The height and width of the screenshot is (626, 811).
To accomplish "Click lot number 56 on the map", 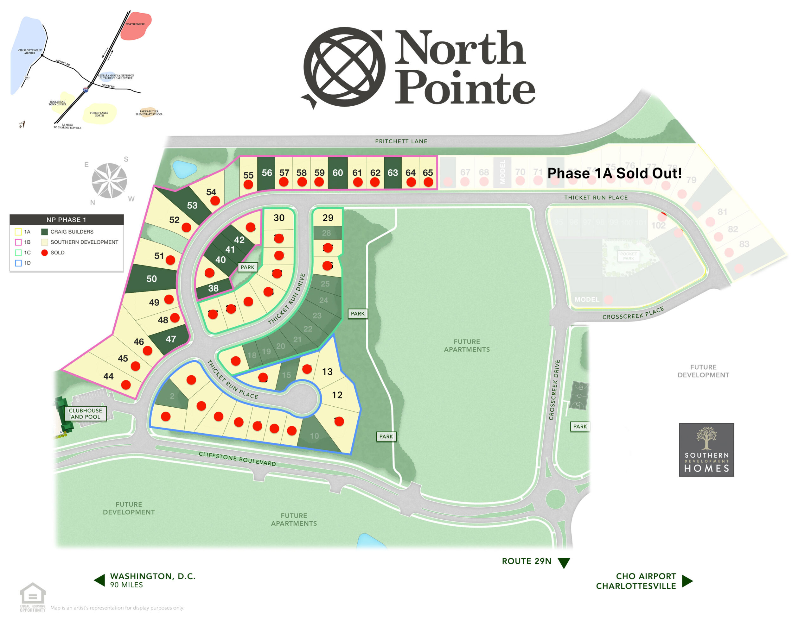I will coord(267,172).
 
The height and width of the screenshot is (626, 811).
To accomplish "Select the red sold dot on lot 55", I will coord(248,185).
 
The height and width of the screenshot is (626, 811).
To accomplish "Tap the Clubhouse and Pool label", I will coord(86,413).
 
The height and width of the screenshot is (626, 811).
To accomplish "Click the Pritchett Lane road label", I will coord(401,141).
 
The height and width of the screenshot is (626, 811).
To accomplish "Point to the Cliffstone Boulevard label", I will coord(237,459).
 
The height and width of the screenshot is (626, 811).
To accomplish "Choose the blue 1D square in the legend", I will coord(18,263).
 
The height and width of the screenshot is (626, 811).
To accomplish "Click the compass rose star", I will coord(109,181).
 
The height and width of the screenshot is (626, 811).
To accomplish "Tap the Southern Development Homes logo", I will coord(706,450).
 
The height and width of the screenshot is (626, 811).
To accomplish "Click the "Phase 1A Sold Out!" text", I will coord(614,173).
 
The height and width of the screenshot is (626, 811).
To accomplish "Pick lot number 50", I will coord(151,279).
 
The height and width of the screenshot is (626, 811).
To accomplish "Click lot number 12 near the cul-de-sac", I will coord(337,395).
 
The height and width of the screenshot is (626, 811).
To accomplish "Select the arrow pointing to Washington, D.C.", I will coord(99,580).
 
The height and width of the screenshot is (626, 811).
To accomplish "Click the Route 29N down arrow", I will coord(564,563).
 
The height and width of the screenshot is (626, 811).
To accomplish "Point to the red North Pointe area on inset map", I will coord(136,26).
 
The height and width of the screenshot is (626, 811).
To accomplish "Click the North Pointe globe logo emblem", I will coord(343,67).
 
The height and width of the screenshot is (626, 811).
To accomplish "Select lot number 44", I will coord(108,376).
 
